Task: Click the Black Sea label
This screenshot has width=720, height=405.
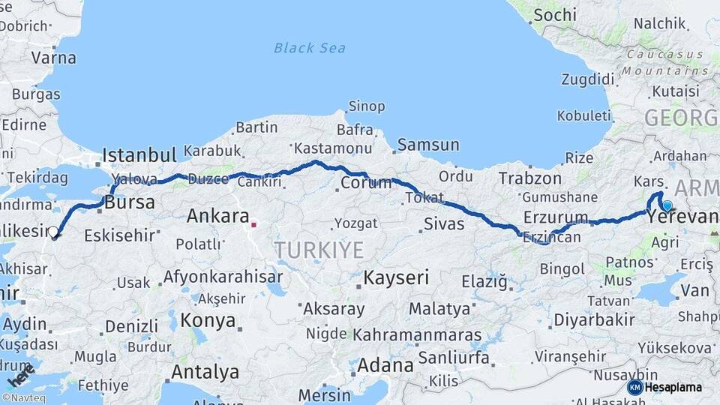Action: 309,48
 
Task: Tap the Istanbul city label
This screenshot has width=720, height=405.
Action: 139,155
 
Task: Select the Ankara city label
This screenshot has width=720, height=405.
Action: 217,217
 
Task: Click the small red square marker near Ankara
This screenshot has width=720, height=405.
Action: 254,223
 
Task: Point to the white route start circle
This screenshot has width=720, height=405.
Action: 53,232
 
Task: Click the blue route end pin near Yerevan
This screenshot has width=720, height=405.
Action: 667,204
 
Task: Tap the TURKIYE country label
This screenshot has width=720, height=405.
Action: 319,250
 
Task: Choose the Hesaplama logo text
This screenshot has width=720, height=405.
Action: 673,387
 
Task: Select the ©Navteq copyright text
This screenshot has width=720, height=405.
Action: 23,398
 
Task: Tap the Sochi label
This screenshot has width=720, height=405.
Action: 555,15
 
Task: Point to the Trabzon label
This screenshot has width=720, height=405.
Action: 530,178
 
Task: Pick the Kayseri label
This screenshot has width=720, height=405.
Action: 396,277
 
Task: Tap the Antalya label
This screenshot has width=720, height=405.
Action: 205,372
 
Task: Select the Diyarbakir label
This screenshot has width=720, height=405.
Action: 594,320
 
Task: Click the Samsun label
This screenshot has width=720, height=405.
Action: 428,145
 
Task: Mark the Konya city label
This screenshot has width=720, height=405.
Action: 208,321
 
